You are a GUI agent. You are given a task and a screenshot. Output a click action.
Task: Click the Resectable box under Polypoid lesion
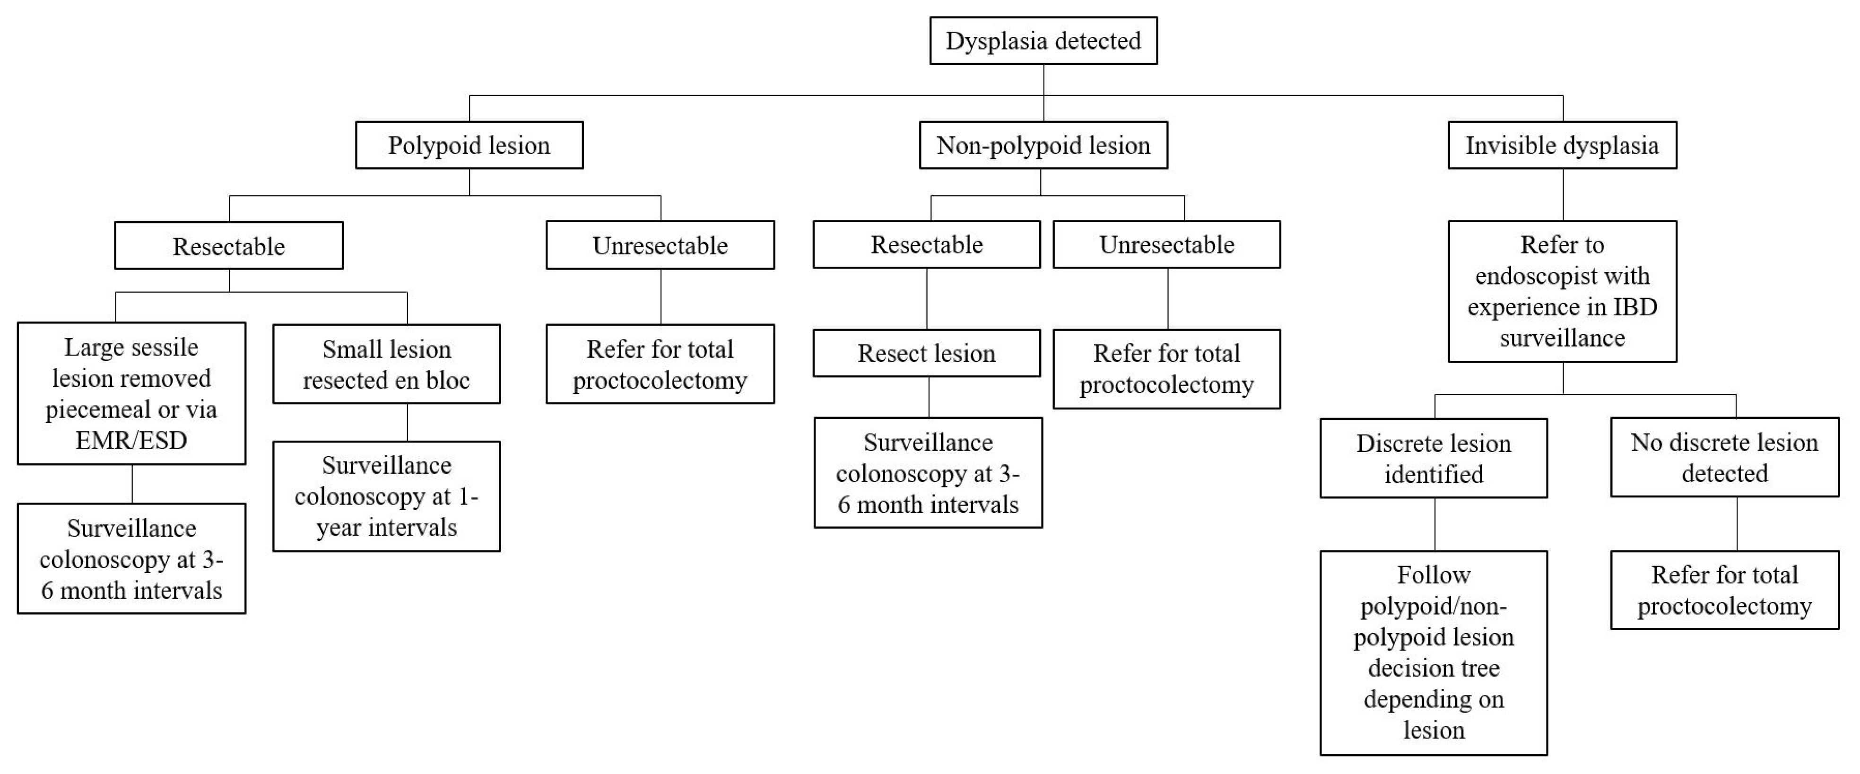228,245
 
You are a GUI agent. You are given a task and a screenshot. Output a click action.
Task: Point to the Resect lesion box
926,353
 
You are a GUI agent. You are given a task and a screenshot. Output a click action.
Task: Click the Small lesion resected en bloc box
386,364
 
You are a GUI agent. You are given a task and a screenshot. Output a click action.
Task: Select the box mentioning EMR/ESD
131,393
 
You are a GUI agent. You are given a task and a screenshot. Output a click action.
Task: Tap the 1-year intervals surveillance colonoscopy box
386,496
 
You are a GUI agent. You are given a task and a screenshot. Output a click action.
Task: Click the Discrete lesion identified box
1433,458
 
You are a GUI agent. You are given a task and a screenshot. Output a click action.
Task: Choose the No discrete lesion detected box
1724,457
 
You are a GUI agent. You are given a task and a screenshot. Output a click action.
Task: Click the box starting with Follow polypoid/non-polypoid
1433,652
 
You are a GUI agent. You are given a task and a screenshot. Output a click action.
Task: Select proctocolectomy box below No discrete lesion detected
1724,590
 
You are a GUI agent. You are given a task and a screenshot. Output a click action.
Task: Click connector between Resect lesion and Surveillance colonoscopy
929,397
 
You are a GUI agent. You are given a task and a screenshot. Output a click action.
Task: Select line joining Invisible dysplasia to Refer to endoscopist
1563,195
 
